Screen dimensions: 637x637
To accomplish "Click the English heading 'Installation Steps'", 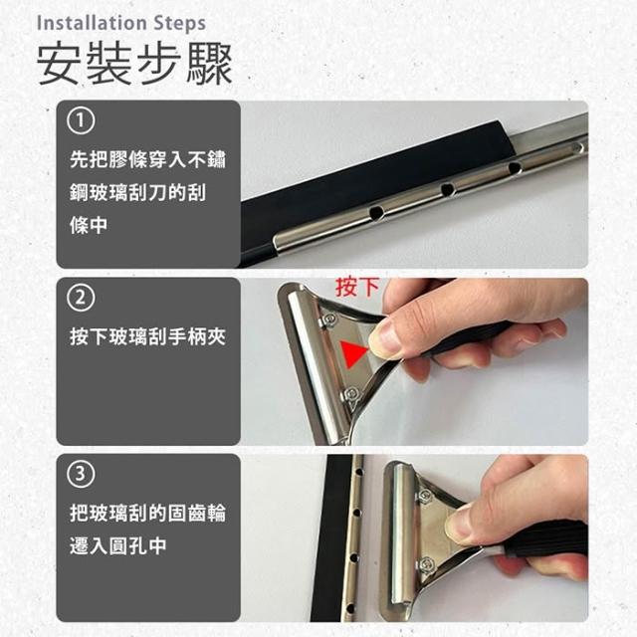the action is [121, 23].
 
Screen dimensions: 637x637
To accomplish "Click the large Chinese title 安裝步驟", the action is [134, 64].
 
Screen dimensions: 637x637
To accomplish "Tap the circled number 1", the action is [81, 120].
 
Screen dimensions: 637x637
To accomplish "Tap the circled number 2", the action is [81, 298].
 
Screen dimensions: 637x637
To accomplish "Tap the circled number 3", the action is [81, 474].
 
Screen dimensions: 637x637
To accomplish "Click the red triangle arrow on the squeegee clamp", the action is [352, 352].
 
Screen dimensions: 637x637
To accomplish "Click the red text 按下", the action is [357, 288].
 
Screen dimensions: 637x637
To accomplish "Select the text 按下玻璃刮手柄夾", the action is [147, 336].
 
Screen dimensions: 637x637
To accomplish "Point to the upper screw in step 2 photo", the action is [328, 319].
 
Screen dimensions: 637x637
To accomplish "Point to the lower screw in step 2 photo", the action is [351, 394].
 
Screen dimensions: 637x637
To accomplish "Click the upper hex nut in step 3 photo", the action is [425, 496].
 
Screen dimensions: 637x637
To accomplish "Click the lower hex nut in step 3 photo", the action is [426, 565].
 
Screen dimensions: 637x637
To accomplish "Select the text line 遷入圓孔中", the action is [117, 545].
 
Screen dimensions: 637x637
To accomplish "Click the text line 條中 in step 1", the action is [89, 225].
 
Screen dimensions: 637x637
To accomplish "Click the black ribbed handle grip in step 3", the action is [544, 538].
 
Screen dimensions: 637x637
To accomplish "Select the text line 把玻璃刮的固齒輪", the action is [147, 514].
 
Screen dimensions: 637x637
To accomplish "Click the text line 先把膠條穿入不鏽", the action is [147, 159].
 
